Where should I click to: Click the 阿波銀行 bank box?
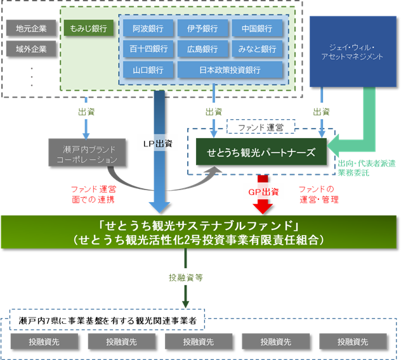[x=148, y=29]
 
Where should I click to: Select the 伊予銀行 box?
[x=202, y=29]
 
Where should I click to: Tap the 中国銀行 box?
[x=256, y=29]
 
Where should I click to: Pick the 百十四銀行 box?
[x=148, y=49]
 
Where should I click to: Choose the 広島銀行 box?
[x=202, y=49]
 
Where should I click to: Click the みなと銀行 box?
[x=256, y=49]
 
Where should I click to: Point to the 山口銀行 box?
[x=148, y=69]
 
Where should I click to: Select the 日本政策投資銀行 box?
[x=230, y=69]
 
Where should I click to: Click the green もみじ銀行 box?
[x=89, y=29]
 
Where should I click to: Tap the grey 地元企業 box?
[x=32, y=29]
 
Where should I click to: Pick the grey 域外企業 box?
[x=32, y=48]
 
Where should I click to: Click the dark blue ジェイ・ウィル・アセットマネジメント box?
[x=352, y=53]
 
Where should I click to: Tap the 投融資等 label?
[x=185, y=278]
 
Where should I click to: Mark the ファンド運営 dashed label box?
[x=260, y=127]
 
